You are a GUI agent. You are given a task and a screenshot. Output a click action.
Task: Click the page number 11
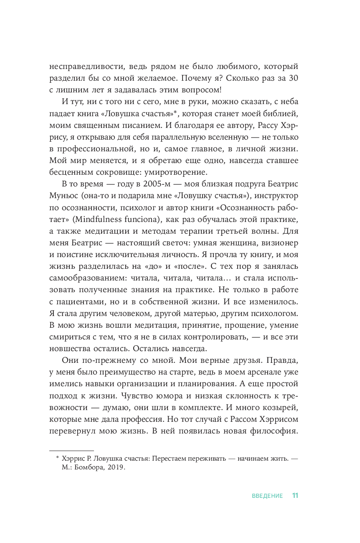295,496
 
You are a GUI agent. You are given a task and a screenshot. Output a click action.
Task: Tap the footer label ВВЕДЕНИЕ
267,496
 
